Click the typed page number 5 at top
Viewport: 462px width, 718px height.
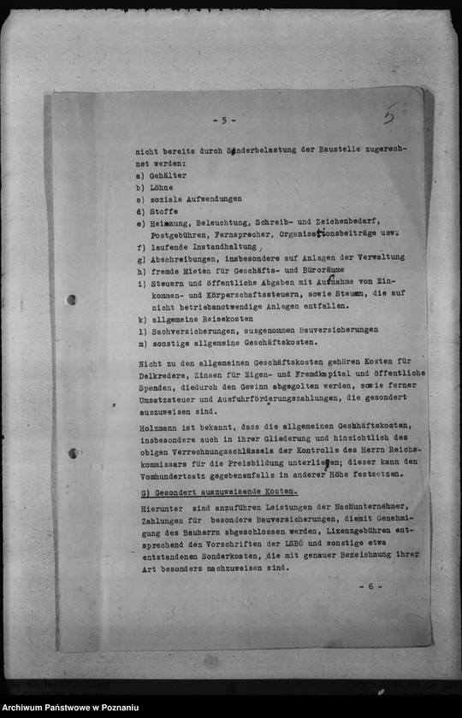point(224,121)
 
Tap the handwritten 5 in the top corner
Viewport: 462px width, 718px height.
point(389,114)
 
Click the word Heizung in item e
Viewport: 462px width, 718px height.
point(169,222)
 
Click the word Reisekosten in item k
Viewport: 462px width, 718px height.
point(229,318)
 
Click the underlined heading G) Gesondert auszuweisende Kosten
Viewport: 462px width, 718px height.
point(218,492)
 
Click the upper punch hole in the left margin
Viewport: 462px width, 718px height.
point(71,300)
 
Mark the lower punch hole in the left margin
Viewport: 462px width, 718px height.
point(73,453)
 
